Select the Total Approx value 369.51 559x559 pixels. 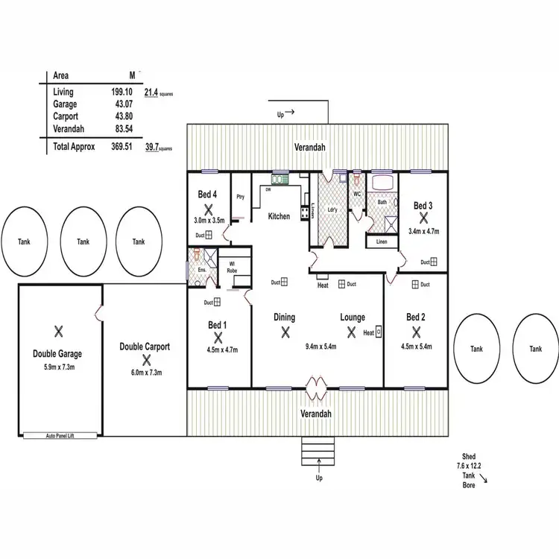121,147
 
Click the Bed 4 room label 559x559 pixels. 207,195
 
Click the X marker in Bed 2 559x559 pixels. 416,332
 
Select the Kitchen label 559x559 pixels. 279,217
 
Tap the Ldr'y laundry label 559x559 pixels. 332,210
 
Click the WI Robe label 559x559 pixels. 232,268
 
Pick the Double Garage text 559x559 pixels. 57,354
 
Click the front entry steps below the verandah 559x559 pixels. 318,449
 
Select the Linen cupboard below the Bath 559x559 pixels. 381,241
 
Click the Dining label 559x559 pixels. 284,317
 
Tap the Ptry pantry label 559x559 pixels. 240,197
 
